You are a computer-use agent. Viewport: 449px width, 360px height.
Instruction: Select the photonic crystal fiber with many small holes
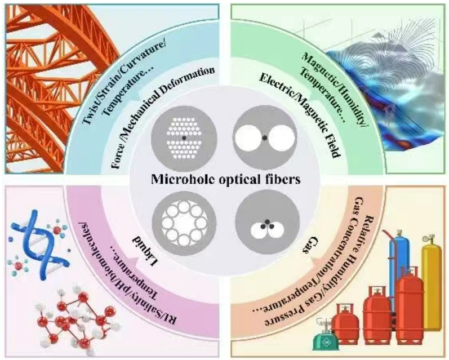tap(184, 138)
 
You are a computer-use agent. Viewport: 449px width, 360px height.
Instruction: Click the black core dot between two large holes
tap(265, 138)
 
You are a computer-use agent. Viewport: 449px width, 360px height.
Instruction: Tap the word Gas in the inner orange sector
tap(309, 246)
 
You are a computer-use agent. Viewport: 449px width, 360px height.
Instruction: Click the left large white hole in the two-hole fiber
tap(247, 138)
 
